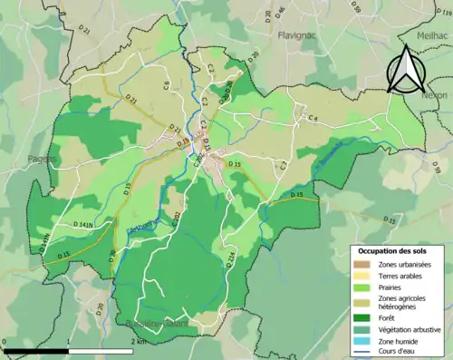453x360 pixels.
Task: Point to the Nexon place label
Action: (436, 94)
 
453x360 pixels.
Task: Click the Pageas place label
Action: (42, 159)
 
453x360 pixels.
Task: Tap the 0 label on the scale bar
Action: (6, 342)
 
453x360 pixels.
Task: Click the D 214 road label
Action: (230, 259)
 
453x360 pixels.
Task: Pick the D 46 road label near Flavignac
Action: (280, 12)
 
